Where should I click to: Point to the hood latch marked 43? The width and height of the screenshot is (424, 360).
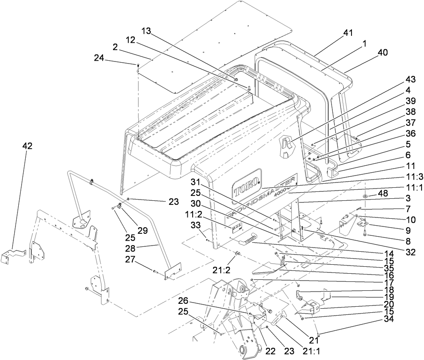pyautogui.click(x=286, y=147)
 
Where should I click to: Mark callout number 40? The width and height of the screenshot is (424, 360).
pyautogui.click(x=383, y=53)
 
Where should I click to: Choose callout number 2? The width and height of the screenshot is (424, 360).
pyautogui.click(x=115, y=47)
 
